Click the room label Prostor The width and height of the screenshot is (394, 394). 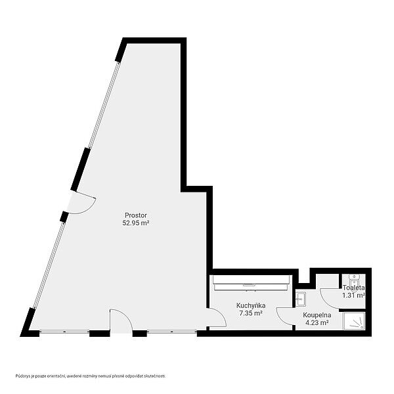[x=136, y=215]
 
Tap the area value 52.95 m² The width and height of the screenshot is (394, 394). [x=136, y=223]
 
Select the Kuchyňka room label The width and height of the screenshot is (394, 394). [x=251, y=306]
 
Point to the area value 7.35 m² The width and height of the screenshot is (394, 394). [x=251, y=313]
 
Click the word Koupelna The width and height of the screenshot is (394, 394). [x=317, y=315]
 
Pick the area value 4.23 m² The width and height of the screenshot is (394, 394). [x=317, y=322]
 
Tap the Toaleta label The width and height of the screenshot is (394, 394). [x=353, y=288]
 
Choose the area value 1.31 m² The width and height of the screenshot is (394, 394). [x=353, y=295]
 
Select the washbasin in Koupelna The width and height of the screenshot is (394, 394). [x=300, y=299]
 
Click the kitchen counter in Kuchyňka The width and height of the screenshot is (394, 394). [x=252, y=283]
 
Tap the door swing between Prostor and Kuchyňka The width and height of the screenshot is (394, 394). [x=217, y=317]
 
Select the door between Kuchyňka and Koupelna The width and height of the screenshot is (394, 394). [x=285, y=316]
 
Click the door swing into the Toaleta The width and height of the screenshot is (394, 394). [x=330, y=298]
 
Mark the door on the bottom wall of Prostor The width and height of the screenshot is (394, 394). [x=121, y=321]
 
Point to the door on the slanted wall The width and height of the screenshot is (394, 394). [x=81, y=203]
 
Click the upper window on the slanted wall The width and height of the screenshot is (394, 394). [x=104, y=104]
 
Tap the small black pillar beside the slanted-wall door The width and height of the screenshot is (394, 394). [x=64, y=217]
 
